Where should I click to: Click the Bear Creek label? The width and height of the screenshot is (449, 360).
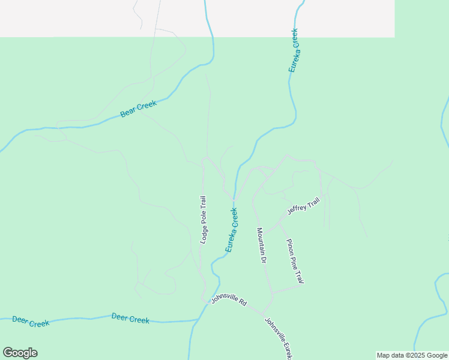coord(138,109)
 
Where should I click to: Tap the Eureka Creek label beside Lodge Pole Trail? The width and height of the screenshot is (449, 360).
coord(232,230)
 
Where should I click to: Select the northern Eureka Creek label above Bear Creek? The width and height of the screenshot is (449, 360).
coord(294,50)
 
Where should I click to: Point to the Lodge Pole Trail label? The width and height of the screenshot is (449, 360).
coord(203,219)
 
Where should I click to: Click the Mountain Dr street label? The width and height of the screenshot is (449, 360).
coord(262,245)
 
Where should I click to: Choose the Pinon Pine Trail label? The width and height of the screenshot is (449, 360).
coord(295,261)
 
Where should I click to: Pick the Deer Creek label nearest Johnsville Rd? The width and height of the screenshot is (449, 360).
coord(130,319)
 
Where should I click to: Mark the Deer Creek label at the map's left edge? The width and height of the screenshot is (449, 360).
coord(30,322)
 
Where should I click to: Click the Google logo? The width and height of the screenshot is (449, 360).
coord(20,353)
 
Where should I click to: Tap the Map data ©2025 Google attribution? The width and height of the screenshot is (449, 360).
coord(412,355)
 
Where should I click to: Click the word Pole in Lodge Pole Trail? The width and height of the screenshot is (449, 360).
coord(203,220)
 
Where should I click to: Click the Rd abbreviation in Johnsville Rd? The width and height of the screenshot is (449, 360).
coord(242,304)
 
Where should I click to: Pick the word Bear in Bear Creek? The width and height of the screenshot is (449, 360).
coord(127,112)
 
